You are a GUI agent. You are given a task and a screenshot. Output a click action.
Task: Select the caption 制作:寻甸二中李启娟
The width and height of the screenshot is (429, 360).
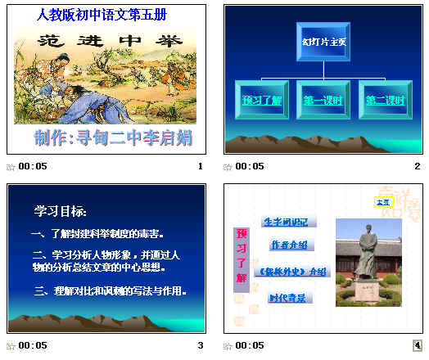pos(113,137)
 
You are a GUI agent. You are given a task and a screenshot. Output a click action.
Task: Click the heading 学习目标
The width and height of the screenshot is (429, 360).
pos(60,212)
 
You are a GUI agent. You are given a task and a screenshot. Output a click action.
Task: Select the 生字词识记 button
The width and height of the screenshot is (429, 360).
pos(289,222)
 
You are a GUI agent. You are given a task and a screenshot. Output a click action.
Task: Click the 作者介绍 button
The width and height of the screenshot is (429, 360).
pos(289,245)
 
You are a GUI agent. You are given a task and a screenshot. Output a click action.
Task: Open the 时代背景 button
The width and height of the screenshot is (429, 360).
pos(287,298)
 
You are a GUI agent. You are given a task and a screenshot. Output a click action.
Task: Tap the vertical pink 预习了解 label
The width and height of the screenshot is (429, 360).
pos(242,255)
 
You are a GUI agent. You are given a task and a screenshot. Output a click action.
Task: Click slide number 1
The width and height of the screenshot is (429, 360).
pos(200,166)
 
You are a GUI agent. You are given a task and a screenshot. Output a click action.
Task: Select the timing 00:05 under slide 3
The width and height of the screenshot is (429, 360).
pos(34,346)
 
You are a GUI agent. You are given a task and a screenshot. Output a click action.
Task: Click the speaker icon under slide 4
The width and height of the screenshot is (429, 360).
pos(417,346)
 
